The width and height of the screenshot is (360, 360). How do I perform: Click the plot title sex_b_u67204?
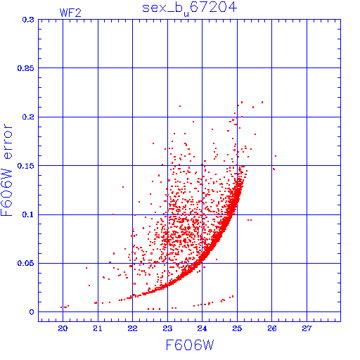coord(190,8)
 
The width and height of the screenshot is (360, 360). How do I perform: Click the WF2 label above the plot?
coord(70,13)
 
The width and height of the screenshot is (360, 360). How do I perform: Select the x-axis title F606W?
coord(190,345)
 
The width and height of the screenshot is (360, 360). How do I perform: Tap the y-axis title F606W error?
coord(6,170)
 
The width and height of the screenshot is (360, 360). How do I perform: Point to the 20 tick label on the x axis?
coord(63,328)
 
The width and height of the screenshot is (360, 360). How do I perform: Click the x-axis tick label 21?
coord(98,328)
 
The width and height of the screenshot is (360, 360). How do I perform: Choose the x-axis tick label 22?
coord(132,328)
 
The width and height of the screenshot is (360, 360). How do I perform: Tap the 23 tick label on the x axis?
coord(167,328)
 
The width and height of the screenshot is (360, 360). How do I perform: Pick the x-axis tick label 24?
coord(202,328)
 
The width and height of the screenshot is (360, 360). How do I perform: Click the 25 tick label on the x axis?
coord(237,328)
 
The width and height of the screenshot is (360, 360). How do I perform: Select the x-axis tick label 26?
coord(272,328)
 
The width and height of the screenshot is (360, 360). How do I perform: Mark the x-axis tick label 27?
coord(307,328)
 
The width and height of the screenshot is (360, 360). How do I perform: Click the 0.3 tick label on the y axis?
coord(28,20)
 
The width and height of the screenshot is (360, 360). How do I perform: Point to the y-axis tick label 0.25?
coord(25,68)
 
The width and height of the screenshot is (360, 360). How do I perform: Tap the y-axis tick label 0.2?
coord(28,117)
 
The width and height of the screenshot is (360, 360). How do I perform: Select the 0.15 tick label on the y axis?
coord(25,166)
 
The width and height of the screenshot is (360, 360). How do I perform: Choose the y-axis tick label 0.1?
coord(28,214)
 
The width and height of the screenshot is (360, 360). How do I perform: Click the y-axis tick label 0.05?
coord(25,263)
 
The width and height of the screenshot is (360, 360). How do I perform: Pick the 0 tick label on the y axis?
coord(32,312)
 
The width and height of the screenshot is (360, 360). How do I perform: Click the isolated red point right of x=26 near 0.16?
coord(276,156)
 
